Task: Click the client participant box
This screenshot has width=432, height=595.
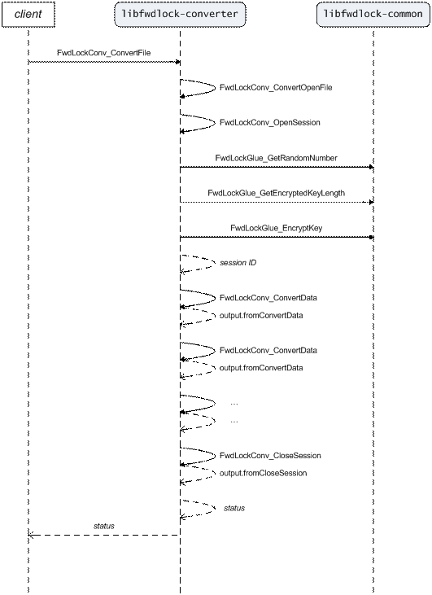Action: click(x=28, y=15)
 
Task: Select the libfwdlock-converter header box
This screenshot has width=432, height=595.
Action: click(x=180, y=15)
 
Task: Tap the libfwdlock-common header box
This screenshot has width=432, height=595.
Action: click(x=373, y=15)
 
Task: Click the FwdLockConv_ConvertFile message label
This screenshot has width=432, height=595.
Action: click(x=104, y=53)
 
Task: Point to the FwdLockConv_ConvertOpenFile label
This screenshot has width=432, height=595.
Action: click(x=276, y=88)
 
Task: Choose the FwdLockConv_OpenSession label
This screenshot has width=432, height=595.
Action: click(x=269, y=123)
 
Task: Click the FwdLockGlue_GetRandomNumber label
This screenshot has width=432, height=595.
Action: click(x=276, y=158)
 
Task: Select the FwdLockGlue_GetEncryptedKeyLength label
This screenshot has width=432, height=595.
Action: click(x=276, y=193)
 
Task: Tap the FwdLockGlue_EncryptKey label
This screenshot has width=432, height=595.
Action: click(x=276, y=228)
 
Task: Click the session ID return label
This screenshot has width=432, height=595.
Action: click(x=238, y=263)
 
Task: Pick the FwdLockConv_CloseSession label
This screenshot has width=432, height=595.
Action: click(x=270, y=455)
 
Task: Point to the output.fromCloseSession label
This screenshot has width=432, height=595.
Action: click(x=264, y=473)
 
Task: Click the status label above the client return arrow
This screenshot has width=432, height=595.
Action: click(x=104, y=526)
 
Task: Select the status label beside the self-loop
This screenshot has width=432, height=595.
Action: click(x=234, y=508)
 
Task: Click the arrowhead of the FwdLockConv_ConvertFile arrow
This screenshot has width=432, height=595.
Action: click(x=177, y=62)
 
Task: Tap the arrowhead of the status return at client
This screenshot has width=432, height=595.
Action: click(x=31, y=535)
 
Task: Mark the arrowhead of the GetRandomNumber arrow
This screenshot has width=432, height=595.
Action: click(x=371, y=167)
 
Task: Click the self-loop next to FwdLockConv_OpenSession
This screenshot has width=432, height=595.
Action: click(x=215, y=122)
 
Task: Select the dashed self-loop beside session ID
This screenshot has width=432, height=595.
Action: click(x=214, y=263)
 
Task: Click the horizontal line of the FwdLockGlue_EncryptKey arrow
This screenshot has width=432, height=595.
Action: click(x=277, y=237)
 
